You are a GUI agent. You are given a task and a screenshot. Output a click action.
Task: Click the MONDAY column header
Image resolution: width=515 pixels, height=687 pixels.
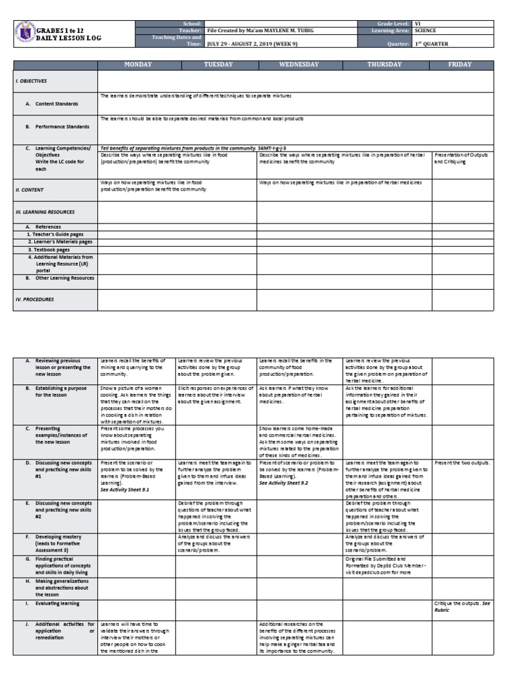[137, 64]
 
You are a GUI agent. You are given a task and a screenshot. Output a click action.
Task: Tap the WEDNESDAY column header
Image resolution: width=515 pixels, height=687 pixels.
[299, 64]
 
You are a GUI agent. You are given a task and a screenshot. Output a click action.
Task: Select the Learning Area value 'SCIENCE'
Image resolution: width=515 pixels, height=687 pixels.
[426, 31]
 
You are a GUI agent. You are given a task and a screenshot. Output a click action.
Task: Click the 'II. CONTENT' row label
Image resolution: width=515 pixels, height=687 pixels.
[30, 190]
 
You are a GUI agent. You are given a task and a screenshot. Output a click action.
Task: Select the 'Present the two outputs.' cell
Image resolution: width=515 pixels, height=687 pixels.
[462, 463]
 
